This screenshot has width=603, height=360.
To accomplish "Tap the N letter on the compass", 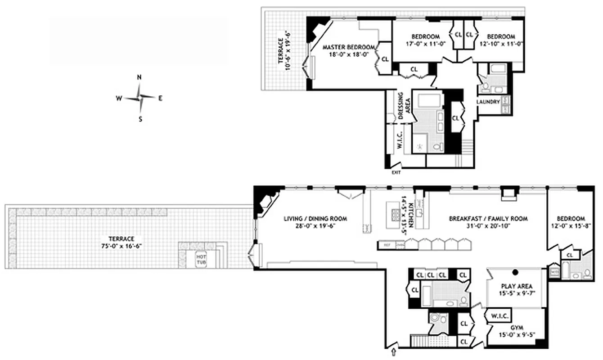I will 139,77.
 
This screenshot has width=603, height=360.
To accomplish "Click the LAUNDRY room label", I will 488,102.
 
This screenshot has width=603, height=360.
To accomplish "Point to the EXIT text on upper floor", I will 396,172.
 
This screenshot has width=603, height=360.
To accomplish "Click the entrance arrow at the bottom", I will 394,351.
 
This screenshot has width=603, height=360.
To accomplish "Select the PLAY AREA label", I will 517,286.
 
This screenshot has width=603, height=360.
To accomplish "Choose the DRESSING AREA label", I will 404,107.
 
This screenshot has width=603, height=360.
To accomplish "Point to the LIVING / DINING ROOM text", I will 315,219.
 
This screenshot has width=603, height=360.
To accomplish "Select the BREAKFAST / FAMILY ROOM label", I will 488,219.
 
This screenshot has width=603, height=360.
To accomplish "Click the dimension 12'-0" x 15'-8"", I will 570,226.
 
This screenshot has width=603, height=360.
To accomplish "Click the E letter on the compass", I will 160,98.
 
